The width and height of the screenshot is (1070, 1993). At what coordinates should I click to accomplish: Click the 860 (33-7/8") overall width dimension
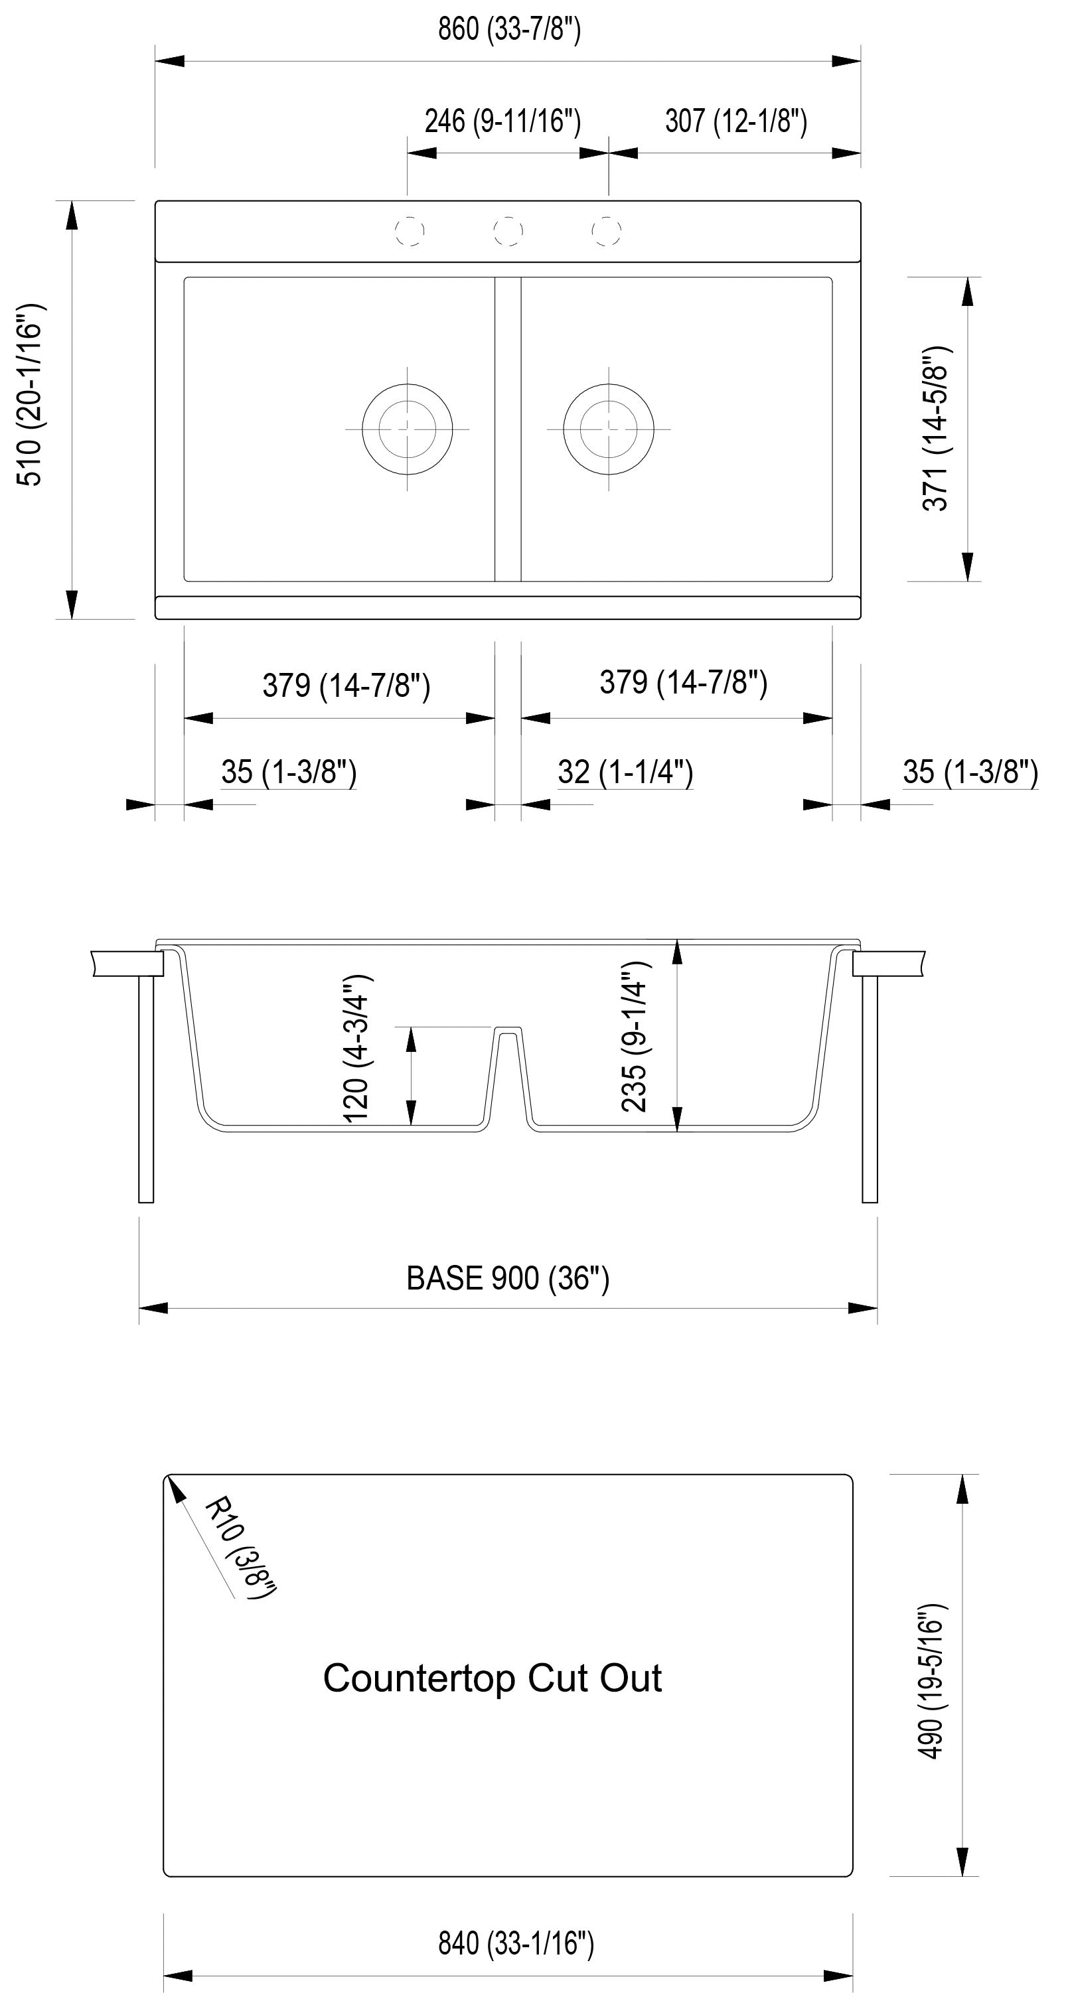(x=508, y=29)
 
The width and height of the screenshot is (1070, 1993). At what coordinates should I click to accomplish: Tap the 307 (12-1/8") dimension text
(x=735, y=121)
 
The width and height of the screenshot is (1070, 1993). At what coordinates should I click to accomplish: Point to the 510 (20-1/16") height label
(x=31, y=395)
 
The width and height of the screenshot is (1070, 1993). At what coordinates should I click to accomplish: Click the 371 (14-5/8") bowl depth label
(x=936, y=428)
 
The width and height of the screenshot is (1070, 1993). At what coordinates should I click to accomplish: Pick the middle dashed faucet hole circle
(x=508, y=230)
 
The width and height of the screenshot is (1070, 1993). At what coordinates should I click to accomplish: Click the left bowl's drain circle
(x=407, y=429)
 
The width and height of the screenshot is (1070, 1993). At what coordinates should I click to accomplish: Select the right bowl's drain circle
(x=609, y=429)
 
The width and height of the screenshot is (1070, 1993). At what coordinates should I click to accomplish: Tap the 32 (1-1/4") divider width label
(x=625, y=772)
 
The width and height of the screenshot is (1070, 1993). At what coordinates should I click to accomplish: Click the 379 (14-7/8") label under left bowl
(x=346, y=686)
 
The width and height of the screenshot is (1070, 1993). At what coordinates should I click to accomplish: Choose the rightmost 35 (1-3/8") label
(x=970, y=772)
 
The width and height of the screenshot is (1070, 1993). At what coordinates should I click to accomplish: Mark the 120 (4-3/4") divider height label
(x=356, y=1049)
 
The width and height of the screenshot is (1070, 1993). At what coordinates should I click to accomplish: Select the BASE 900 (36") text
(x=508, y=1278)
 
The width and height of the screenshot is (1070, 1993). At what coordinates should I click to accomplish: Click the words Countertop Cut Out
(x=492, y=1678)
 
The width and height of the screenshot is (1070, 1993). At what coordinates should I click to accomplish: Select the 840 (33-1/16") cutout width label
(x=515, y=1943)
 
